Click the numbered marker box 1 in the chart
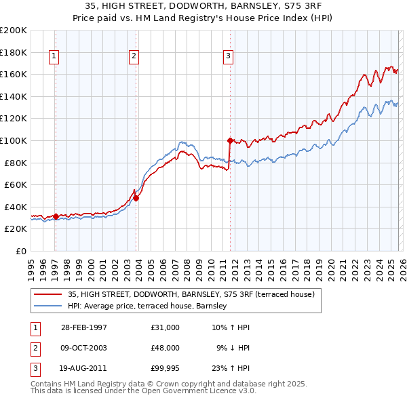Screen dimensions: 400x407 54,56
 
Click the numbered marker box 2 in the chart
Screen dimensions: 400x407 134,56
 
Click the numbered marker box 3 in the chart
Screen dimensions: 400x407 229,56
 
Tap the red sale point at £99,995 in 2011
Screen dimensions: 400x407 230,140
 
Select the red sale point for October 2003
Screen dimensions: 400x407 136,198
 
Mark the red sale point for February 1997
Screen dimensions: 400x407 56,216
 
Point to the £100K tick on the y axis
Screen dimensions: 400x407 13,140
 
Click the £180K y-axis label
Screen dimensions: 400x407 13,52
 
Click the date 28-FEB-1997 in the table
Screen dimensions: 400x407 83,327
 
